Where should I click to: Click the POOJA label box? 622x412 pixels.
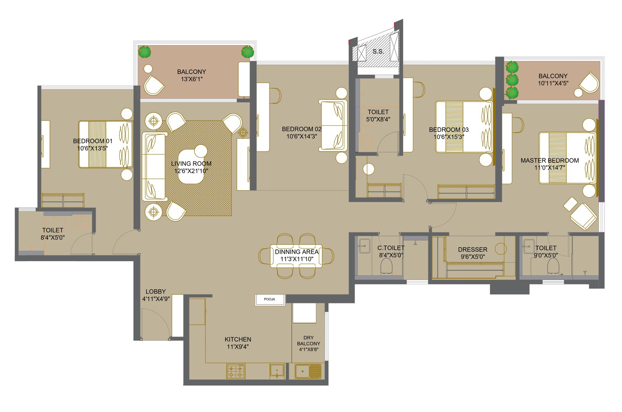pyautogui.click(x=270, y=300)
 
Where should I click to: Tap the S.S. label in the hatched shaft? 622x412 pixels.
pyautogui.click(x=378, y=51)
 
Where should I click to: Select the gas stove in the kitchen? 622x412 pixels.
pyautogui.click(x=236, y=371)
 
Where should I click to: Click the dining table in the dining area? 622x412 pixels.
pyautogui.click(x=296, y=256)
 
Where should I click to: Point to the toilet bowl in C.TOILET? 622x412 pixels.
pyautogui.click(x=386, y=266)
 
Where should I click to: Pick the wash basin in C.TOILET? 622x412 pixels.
pyautogui.click(x=364, y=246)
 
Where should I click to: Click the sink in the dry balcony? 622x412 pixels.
pyautogui.click(x=308, y=371)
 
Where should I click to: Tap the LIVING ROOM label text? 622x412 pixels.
pyautogui.click(x=191, y=164)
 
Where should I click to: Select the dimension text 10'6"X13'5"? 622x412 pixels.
pyautogui.click(x=93, y=148)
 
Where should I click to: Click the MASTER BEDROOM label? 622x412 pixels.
pyautogui.click(x=550, y=160)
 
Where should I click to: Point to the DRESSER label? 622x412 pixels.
pyautogui.click(x=473, y=249)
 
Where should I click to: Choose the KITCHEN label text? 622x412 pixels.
pyautogui.click(x=238, y=339)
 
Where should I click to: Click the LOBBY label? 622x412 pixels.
pyautogui.click(x=155, y=291)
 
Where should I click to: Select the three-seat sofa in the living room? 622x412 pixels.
pyautogui.click(x=155, y=167)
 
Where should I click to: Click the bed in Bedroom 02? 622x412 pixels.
pyautogui.click(x=333, y=125)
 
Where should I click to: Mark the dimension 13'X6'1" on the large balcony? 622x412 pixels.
pyautogui.click(x=192, y=79)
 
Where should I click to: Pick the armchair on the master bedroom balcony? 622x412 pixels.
pyautogui.click(x=589, y=82)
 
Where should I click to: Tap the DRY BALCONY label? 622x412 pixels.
pyautogui.click(x=309, y=344)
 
